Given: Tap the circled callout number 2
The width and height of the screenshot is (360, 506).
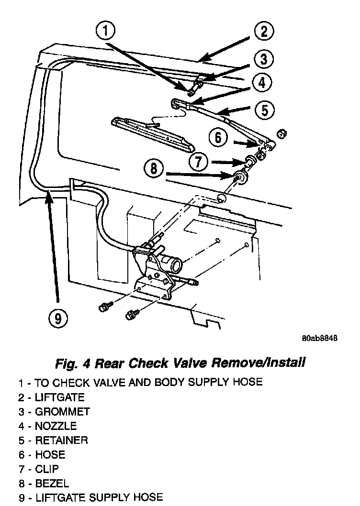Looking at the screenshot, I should pyautogui.click(x=263, y=33).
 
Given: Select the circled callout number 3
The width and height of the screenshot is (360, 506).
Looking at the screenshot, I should pyautogui.click(x=264, y=60).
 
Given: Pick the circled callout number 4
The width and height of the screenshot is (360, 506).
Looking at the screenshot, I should pyautogui.click(x=260, y=83).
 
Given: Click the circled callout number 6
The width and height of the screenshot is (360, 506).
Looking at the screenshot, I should pyautogui.click(x=218, y=138).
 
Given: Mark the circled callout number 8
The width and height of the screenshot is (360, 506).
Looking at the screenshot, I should pyautogui.click(x=153, y=168).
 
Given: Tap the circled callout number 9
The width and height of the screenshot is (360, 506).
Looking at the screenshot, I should pyautogui.click(x=58, y=318).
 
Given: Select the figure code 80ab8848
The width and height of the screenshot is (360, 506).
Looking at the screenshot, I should pyautogui.click(x=320, y=338).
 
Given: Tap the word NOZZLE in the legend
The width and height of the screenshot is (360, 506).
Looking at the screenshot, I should pyautogui.click(x=56, y=426).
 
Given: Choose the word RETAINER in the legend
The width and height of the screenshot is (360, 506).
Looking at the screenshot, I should pyautogui.click(x=61, y=440).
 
